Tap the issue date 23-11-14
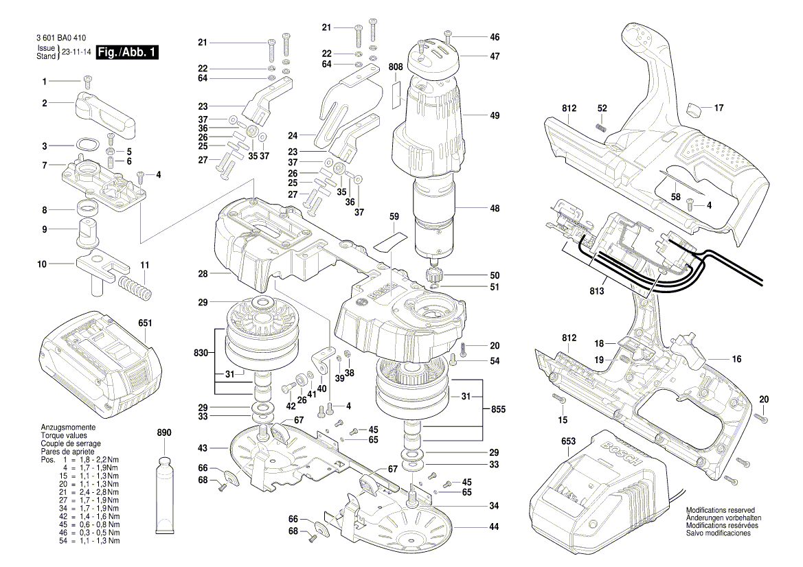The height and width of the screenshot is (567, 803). pyautogui.click(x=77, y=53)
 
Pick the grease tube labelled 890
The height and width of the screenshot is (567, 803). pyautogui.click(x=166, y=494)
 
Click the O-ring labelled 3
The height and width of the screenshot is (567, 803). pyautogui.click(x=87, y=145)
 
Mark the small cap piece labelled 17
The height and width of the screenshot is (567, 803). pyautogui.click(x=697, y=108)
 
